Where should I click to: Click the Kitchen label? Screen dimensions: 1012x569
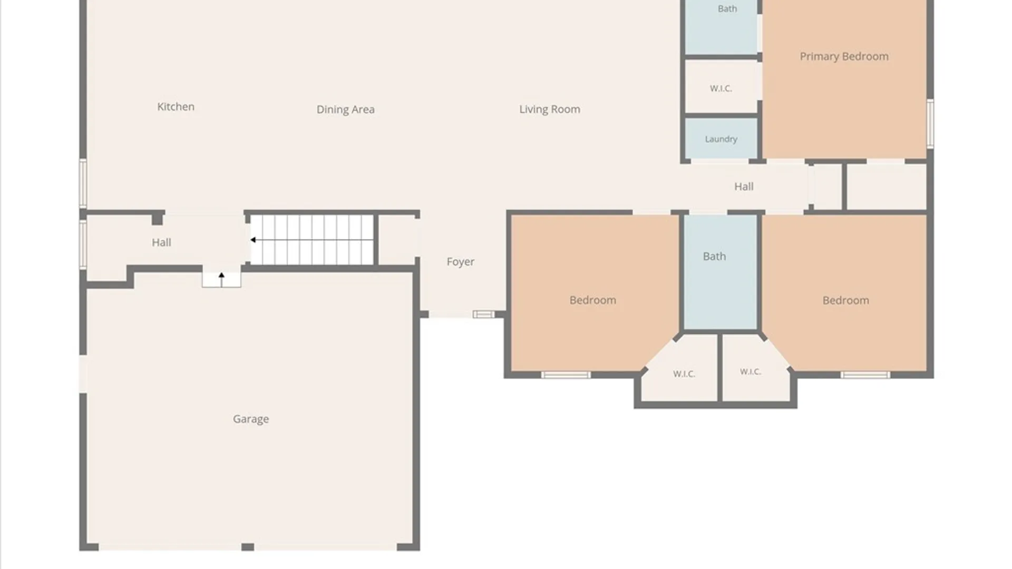[x=176, y=107]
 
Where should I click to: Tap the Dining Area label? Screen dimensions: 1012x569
[x=345, y=110]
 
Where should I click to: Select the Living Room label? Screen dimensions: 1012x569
[x=549, y=109]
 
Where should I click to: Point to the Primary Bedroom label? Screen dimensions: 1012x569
[x=844, y=56]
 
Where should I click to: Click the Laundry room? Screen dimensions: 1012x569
[x=721, y=139]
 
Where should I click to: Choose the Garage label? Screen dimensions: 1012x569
[x=251, y=419]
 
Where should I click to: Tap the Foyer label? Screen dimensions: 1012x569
[x=460, y=262]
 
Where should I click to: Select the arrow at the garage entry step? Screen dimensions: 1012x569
[x=221, y=279]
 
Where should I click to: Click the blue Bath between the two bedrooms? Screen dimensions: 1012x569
[x=721, y=272]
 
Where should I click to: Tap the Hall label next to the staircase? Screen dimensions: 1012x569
[x=161, y=242]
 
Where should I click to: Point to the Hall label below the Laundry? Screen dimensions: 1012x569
[x=744, y=187]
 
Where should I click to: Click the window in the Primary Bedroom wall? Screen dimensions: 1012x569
[x=930, y=124]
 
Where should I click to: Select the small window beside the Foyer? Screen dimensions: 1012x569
[x=483, y=315]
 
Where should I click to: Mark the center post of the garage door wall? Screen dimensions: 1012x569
[x=248, y=547]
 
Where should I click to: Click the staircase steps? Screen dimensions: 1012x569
[x=312, y=240]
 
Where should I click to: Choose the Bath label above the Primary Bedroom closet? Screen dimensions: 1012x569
[x=727, y=9]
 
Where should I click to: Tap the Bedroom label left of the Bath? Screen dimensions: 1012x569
[x=592, y=300]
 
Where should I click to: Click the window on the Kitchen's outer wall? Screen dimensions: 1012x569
[x=83, y=183]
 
